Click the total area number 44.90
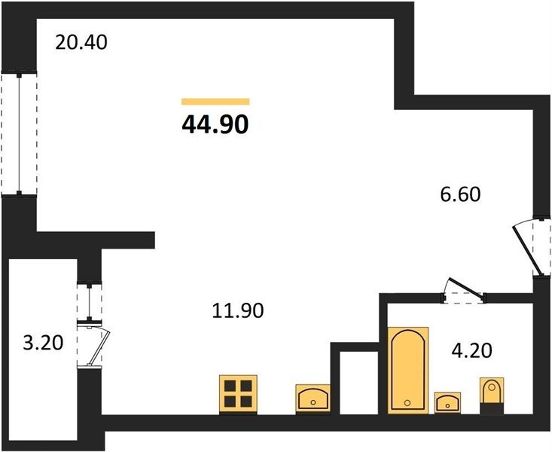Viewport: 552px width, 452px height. pyautogui.click(x=215, y=124)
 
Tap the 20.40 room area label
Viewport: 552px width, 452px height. pyautogui.click(x=81, y=43)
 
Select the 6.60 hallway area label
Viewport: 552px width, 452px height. pyautogui.click(x=460, y=194)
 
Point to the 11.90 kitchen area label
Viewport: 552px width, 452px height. pyautogui.click(x=238, y=310)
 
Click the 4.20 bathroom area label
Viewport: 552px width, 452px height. pyautogui.click(x=471, y=350)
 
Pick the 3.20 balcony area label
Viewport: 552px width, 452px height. pyautogui.click(x=43, y=343)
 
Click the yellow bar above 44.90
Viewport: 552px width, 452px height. pyautogui.click(x=215, y=102)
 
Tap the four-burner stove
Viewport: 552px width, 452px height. pyautogui.click(x=238, y=395)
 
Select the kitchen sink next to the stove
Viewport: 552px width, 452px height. pyautogui.click(x=313, y=398)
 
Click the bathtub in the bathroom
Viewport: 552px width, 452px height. pyautogui.click(x=408, y=370)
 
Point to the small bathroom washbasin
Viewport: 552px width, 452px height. pyautogui.click(x=447, y=402)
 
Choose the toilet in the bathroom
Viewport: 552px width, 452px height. pyautogui.click(x=493, y=395)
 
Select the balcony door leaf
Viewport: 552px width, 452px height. pyautogui.click(x=99, y=347)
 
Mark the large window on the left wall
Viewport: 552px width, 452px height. pyautogui.click(x=19, y=134)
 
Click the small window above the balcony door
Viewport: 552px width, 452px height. pyautogui.click(x=90, y=303)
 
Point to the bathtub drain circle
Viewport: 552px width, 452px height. pyautogui.click(x=407, y=403)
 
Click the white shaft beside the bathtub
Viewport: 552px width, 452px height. pyautogui.click(x=358, y=383)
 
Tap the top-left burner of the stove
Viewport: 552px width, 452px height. pyautogui.click(x=230, y=386)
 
